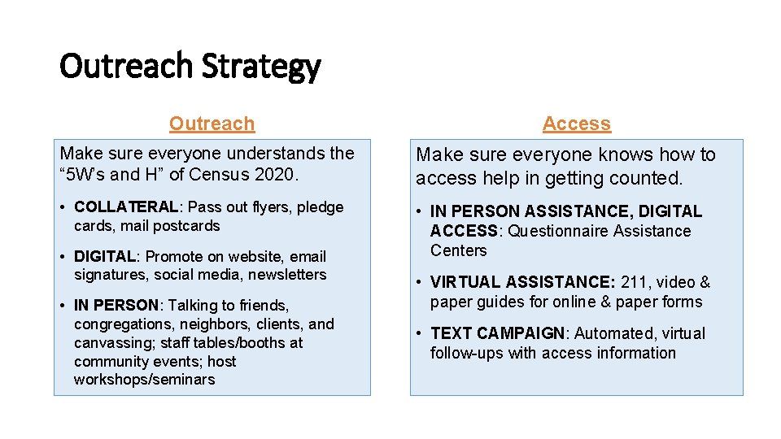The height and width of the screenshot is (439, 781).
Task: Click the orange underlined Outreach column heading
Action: tap(212, 124)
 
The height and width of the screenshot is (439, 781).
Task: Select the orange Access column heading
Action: tap(576, 124)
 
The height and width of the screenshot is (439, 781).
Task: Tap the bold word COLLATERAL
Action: tap(125, 207)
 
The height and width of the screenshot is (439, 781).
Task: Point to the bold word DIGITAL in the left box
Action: tap(104, 257)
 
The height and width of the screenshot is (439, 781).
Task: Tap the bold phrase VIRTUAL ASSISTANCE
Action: tap(521, 283)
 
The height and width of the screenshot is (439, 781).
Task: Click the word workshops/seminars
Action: tap(144, 380)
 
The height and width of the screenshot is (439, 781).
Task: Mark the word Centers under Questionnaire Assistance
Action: tap(458, 250)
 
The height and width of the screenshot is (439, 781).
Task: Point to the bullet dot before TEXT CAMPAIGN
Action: tap(419, 334)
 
